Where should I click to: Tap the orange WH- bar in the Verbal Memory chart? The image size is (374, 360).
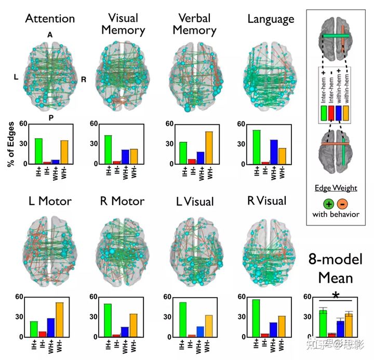pos(209,148)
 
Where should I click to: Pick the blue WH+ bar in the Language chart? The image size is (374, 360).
pos(274,152)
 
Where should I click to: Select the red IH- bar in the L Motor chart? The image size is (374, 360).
pos(43,334)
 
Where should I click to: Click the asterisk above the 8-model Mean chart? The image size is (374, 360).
pos(336,296)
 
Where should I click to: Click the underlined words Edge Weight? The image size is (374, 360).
pos(336,188)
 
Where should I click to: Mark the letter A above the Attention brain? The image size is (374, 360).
pos(50,34)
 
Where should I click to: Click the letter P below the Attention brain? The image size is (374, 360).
pos(51,117)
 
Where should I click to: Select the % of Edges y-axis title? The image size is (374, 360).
pos(10,144)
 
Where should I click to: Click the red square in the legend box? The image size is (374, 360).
pos(331,113)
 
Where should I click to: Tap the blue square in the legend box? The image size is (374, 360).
pos(340,113)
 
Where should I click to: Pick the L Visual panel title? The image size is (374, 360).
pos(192,202)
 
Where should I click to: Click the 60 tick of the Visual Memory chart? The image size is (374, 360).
pos(94,123)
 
